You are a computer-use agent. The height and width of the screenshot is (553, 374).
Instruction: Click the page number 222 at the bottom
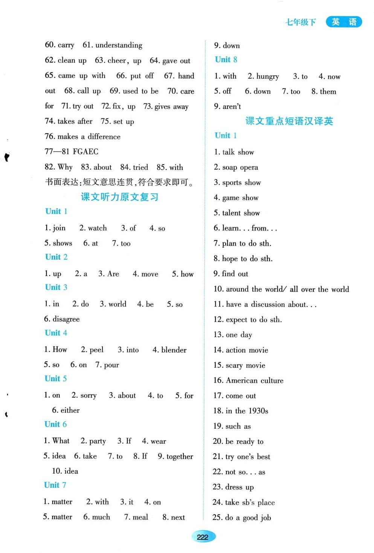(203, 537)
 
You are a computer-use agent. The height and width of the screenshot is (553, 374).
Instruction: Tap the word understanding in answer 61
(119, 45)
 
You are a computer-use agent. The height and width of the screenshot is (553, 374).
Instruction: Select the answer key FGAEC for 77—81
(85, 152)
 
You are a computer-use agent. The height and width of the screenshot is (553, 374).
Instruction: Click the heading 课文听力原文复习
(119, 197)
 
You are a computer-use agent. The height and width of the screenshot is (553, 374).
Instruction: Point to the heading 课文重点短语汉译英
(289, 121)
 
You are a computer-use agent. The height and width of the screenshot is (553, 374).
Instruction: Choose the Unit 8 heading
(226, 60)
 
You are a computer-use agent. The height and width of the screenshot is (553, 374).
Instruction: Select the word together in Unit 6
(180, 457)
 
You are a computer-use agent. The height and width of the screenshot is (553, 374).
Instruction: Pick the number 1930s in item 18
(258, 411)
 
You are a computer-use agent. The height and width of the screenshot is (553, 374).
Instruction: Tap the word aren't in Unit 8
(232, 107)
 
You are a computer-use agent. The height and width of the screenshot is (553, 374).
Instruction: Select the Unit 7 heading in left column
(55, 485)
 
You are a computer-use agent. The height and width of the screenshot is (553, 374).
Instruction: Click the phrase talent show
(241, 213)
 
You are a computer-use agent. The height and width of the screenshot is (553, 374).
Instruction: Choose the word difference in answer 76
(104, 137)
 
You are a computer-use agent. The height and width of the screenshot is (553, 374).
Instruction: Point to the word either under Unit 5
(70, 410)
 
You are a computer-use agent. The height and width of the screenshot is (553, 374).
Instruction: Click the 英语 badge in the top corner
(343, 22)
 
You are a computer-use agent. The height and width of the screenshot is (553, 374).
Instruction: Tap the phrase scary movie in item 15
(245, 365)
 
